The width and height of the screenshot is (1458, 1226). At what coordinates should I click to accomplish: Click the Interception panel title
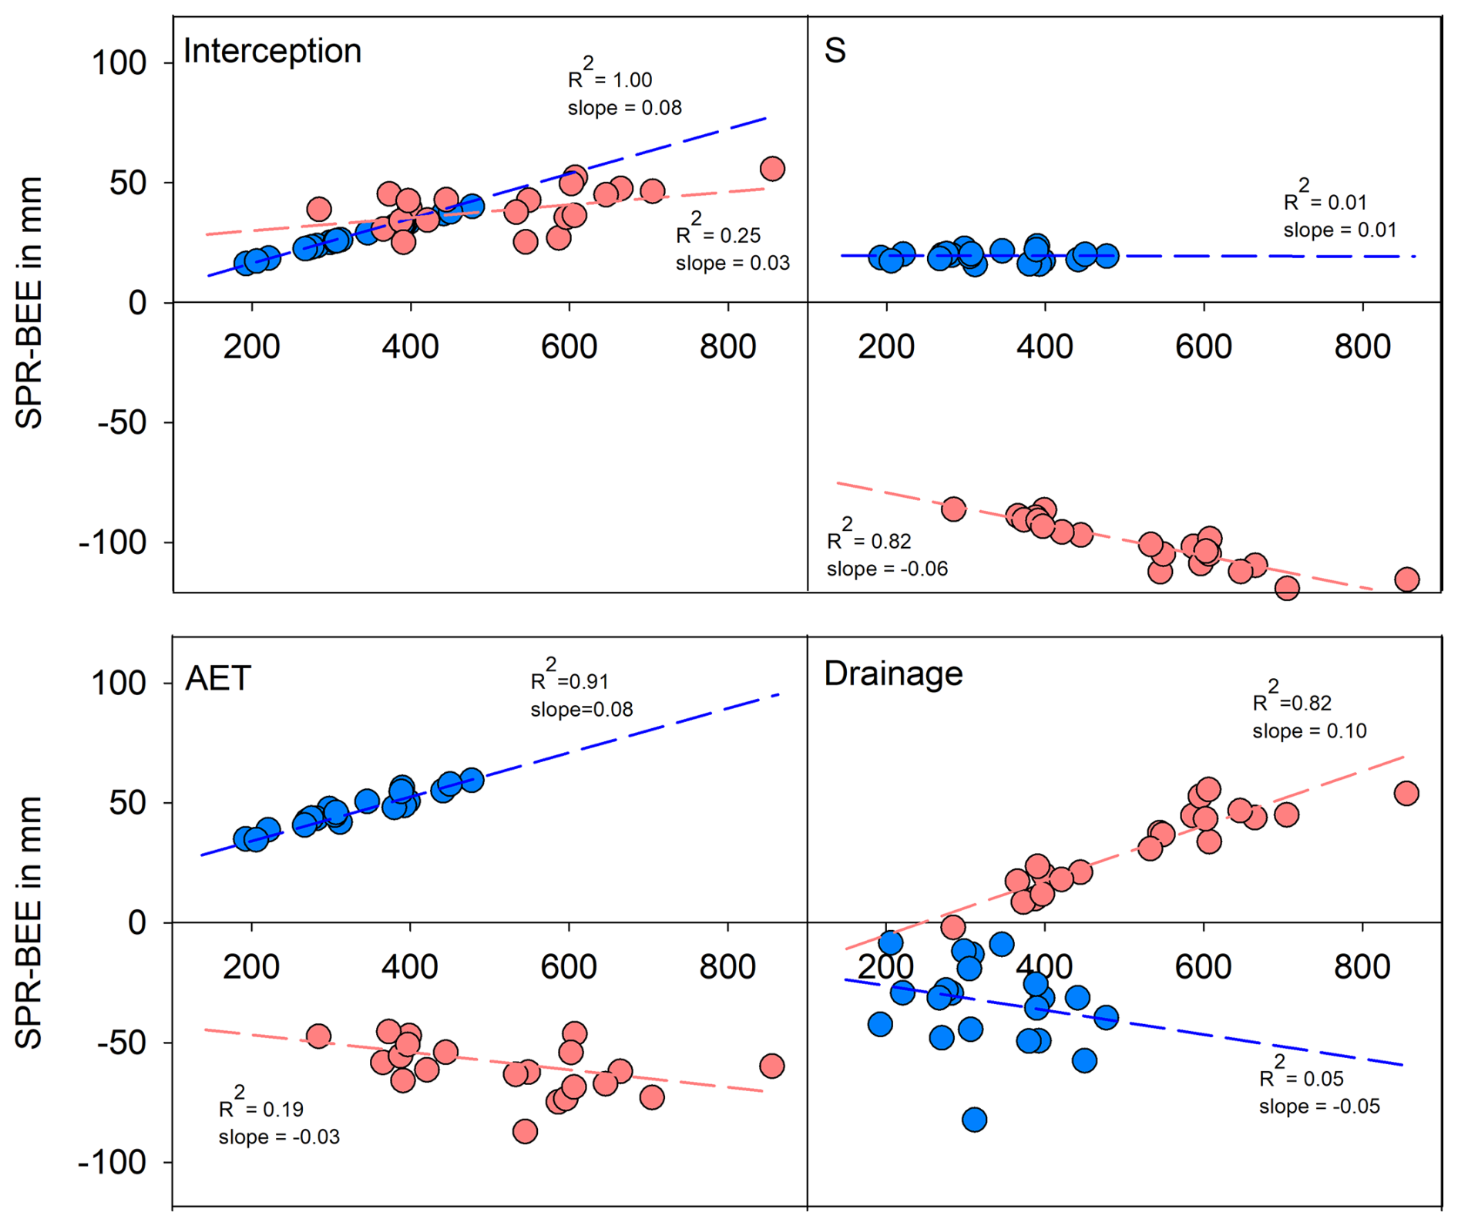(272, 51)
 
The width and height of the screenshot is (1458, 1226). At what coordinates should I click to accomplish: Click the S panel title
(835, 51)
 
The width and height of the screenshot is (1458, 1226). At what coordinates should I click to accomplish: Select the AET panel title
(218, 679)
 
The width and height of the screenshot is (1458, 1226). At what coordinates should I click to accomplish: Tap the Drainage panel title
(893, 673)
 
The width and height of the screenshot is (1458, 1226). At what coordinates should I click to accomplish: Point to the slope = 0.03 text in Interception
(732, 264)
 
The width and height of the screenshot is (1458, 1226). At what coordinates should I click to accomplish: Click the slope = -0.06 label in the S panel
(887, 569)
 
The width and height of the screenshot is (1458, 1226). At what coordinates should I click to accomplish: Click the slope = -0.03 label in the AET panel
(279, 1137)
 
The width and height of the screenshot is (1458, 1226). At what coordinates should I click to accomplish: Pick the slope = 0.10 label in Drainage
(1309, 731)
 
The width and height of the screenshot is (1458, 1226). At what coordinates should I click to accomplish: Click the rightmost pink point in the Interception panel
(772, 169)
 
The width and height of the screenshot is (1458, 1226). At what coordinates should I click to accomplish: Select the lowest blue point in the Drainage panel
(974, 1120)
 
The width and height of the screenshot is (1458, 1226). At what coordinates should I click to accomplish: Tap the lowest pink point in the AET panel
(525, 1131)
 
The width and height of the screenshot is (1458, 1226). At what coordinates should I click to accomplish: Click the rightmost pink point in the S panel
(1407, 579)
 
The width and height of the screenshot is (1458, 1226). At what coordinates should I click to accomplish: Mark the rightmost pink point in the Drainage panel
(1406, 793)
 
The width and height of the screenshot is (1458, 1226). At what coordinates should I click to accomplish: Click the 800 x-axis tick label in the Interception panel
(727, 348)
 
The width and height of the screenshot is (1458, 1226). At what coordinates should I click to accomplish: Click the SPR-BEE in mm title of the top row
(29, 302)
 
